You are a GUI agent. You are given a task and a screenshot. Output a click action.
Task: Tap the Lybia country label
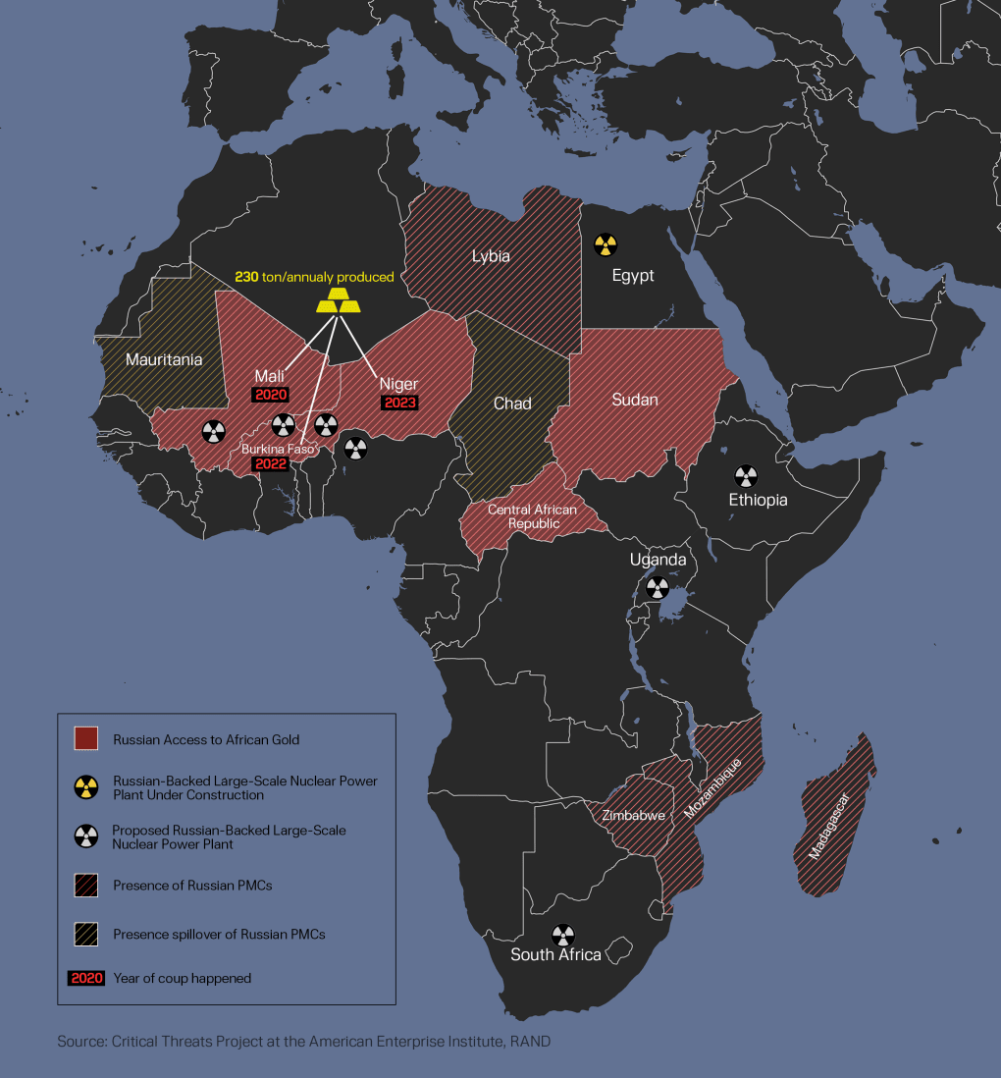point(491,256)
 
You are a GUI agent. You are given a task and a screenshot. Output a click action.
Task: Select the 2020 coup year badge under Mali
point(270,395)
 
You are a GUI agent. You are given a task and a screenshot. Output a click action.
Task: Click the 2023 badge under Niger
point(399,403)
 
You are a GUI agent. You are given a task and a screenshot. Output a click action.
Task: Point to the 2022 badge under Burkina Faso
point(270,464)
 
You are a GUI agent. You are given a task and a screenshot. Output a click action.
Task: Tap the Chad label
point(512,404)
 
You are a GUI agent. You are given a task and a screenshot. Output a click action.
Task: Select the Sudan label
point(634,400)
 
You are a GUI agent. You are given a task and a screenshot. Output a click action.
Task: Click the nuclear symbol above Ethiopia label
point(747,477)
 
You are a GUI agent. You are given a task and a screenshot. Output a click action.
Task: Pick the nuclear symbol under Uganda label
point(657,588)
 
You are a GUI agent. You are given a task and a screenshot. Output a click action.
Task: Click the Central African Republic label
point(532,516)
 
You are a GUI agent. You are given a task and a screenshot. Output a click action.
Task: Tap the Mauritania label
point(164,360)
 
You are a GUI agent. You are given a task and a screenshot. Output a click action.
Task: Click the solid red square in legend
point(86,739)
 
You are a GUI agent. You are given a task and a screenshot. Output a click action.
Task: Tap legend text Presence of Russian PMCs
point(192,886)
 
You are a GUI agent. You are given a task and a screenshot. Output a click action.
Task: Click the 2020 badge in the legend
point(86,978)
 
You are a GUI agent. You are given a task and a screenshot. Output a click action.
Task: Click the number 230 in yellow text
point(246,277)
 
